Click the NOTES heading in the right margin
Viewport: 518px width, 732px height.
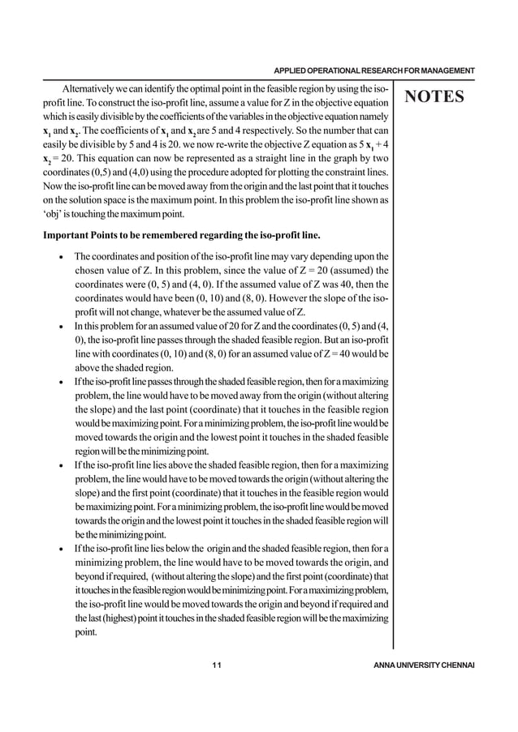(434, 97)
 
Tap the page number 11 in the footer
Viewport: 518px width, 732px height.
(216, 666)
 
